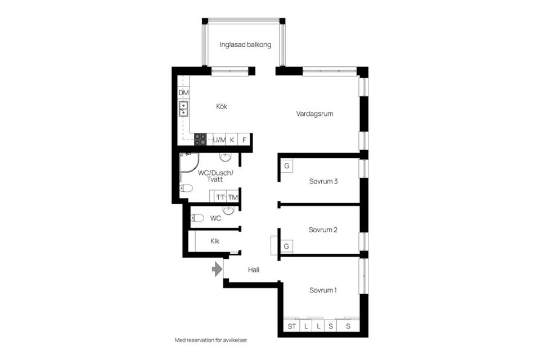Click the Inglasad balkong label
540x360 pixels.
(245, 44)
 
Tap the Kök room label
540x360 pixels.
(222, 106)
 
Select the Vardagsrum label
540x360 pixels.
(315, 114)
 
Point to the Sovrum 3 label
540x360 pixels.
(323, 181)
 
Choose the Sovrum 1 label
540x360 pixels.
(323, 290)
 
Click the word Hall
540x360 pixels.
(253, 270)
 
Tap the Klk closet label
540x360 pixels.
(215, 241)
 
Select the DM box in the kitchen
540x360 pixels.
(183, 92)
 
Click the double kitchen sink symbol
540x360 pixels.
(183, 109)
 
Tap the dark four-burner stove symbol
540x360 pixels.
(201, 139)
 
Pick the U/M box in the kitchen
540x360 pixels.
(219, 139)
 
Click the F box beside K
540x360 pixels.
(244, 139)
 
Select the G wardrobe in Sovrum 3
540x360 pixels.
(286, 166)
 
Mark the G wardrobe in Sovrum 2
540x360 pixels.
(286, 246)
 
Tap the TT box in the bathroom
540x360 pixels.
(220, 197)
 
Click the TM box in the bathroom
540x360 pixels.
(233, 197)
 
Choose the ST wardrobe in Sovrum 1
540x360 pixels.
(291, 326)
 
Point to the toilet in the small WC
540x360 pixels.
(197, 218)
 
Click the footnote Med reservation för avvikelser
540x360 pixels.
(211, 340)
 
